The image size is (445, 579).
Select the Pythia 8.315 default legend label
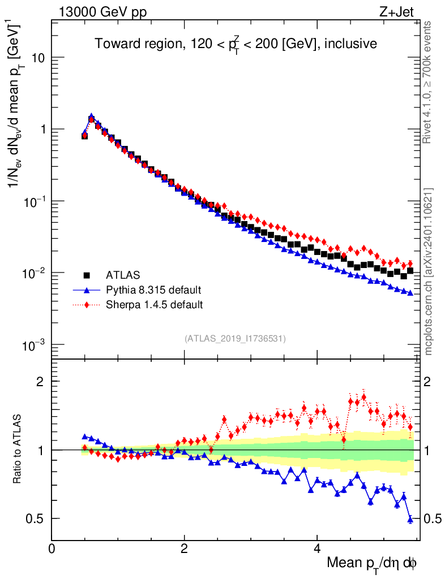pyautogui.click(x=153, y=290)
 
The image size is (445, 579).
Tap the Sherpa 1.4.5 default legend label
pyautogui.click(x=155, y=305)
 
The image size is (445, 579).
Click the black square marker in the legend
pyautogui.click(x=87, y=275)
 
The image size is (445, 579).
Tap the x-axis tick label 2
pyautogui.click(x=185, y=548)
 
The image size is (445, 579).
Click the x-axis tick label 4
pyautogui.click(x=317, y=548)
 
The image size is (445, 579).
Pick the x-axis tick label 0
pyautogui.click(x=52, y=548)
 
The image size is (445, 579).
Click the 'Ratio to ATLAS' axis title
pyautogui.click(x=18, y=449)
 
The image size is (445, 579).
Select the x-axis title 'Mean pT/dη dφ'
pyautogui.click(x=372, y=563)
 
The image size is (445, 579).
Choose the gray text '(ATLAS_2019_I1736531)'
pyautogui.click(x=235, y=339)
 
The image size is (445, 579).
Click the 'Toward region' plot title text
pyautogui.click(x=236, y=44)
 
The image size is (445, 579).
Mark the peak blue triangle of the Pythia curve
pyautogui.click(x=91, y=116)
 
